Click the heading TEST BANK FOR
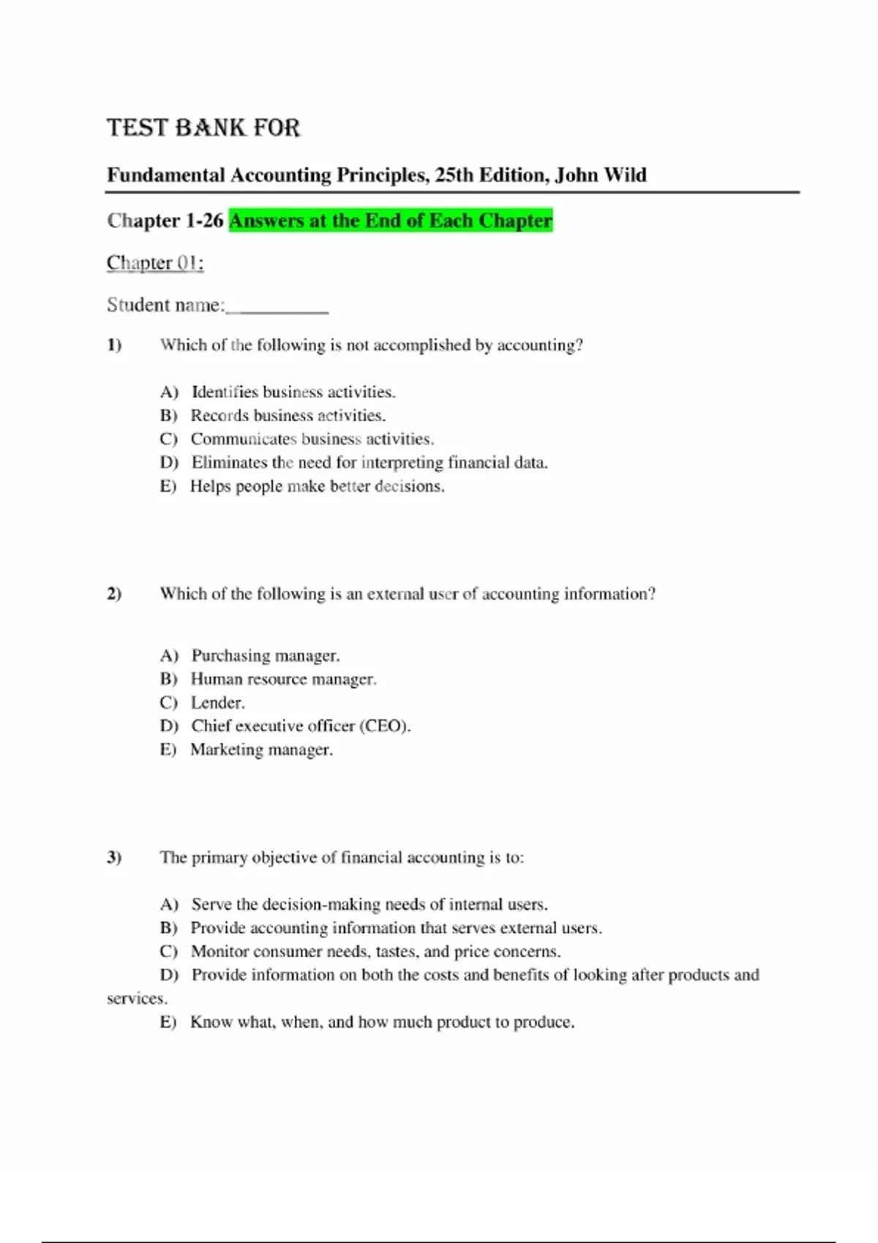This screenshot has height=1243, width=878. click(203, 128)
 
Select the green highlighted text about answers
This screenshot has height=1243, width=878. click(391, 220)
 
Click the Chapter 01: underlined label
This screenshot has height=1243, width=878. click(155, 262)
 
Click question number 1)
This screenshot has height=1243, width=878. click(114, 345)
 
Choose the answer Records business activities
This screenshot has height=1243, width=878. click(288, 415)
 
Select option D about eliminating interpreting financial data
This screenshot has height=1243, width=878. click(369, 462)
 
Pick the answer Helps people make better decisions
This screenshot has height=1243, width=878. click(317, 486)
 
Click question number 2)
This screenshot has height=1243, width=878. click(114, 594)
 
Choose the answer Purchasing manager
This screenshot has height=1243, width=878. click(265, 655)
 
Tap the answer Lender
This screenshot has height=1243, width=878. click(217, 703)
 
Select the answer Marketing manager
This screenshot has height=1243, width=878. click(261, 749)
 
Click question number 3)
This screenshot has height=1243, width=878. click(114, 857)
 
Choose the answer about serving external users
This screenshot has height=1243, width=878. click(396, 928)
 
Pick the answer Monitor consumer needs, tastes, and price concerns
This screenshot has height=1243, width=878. click(375, 951)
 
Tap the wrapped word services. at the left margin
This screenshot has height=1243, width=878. click(137, 998)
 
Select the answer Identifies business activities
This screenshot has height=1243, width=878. click(293, 392)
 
